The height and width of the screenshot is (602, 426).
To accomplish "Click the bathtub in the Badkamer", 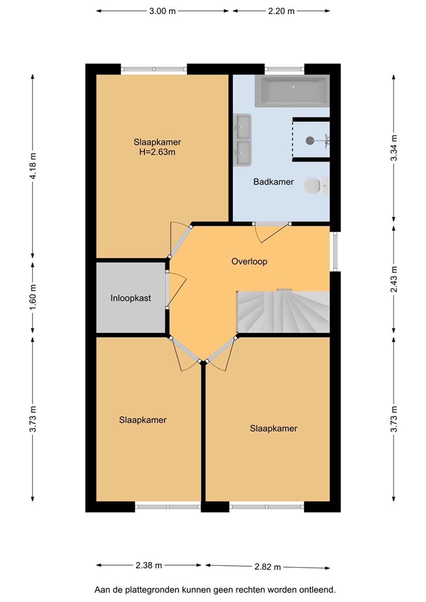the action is tap(292, 91).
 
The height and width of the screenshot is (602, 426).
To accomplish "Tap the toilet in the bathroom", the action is tap(316, 185).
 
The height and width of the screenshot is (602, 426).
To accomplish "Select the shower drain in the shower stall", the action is tap(310, 140).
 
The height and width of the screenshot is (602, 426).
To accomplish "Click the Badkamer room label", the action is tap(273, 182).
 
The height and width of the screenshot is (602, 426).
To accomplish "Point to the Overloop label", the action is tap(249, 261).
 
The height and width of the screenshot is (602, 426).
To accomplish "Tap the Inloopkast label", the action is tap(131, 298).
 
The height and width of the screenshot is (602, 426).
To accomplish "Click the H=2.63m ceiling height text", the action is tap(157, 152).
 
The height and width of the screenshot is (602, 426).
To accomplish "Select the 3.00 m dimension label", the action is tap(163, 11).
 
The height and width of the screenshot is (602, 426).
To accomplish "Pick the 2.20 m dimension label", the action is tap(281, 11).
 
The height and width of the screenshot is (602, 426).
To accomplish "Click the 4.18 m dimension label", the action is tap(33, 166).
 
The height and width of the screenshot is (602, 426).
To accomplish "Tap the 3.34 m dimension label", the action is tap(393, 147).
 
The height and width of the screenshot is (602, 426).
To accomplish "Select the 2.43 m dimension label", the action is tap(393, 279).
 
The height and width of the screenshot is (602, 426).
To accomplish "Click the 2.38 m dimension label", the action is tap(149, 565).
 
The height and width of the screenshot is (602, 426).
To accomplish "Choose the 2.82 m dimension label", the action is tap(267, 567).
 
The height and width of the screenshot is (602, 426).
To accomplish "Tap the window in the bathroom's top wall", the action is tap(284, 69).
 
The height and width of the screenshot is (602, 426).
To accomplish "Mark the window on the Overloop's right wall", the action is tap(335, 251).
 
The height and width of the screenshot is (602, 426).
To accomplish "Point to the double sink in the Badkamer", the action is tap(242, 140).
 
